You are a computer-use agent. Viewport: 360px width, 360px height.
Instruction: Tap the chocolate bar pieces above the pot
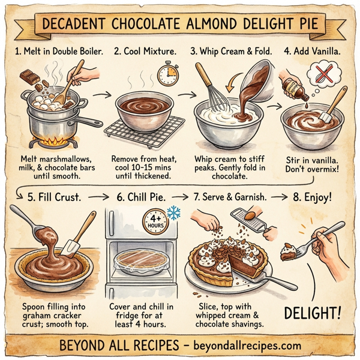(x=31, y=77)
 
